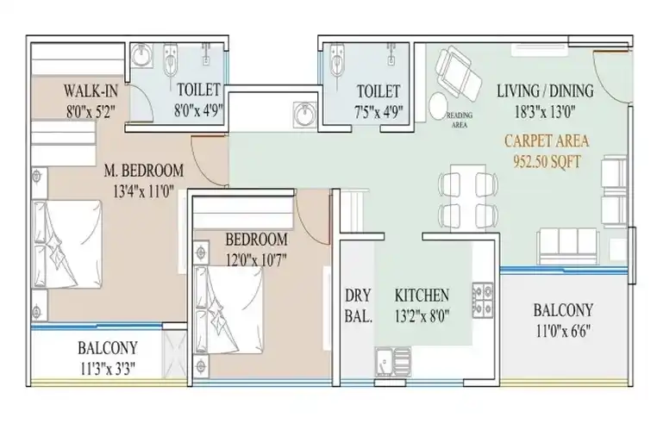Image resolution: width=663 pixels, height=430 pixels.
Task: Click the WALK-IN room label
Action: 91,90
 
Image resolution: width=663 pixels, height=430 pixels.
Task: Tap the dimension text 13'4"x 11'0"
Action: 144,192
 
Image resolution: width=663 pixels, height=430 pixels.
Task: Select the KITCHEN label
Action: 422,295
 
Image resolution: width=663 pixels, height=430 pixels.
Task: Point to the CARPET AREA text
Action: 547,140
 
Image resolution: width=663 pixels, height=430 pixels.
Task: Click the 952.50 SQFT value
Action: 547,161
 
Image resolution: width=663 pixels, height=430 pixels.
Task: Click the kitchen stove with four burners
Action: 483,300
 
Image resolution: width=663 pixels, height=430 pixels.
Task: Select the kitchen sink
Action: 393,362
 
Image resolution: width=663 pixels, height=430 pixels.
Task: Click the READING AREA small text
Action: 460,120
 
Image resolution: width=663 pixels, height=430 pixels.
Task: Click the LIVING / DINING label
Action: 545,90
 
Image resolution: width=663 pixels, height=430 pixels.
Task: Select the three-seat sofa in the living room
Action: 566,246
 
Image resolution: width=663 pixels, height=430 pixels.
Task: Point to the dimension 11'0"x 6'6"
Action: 563,331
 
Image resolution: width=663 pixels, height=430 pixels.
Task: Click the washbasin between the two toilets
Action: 304,114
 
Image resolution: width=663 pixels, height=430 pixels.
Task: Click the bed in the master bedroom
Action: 67,245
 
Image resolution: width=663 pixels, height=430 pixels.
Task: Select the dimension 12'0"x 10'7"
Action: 256,259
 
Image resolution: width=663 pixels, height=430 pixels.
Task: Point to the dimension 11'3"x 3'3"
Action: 108,369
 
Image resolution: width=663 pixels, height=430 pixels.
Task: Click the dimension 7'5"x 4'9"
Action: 378,112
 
